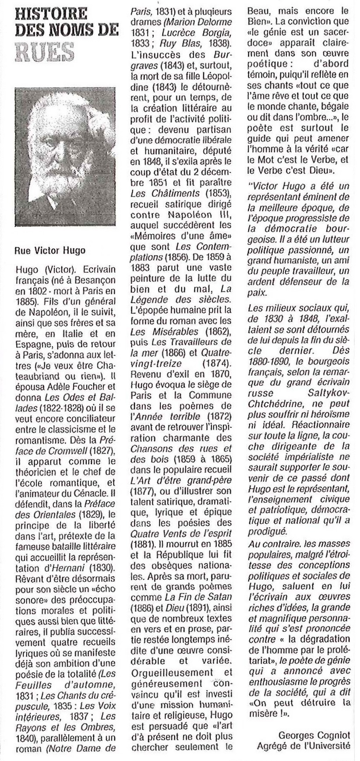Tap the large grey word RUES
click(44, 52)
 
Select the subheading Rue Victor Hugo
click(50, 250)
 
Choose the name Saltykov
click(328, 393)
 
